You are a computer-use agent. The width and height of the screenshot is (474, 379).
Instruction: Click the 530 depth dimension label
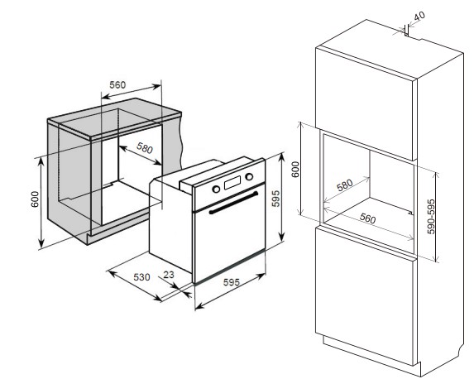click(141, 277)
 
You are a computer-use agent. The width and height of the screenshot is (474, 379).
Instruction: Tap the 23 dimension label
click(169, 275)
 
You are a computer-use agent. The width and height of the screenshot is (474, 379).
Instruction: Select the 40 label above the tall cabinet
click(419, 16)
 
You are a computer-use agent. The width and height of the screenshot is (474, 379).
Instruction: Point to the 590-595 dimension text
click(431, 216)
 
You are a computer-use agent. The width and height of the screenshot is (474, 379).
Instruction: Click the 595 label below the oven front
click(232, 282)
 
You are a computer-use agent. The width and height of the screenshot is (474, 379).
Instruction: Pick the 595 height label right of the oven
click(275, 199)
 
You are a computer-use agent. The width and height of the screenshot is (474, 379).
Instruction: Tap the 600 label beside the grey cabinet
click(35, 199)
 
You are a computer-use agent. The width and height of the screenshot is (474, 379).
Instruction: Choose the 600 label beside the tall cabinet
click(296, 170)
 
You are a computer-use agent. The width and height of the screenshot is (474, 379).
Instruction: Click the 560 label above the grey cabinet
click(117, 85)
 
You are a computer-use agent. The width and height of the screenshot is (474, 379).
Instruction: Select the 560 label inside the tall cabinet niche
click(367, 218)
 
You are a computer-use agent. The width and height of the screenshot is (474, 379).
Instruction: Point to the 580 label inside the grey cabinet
click(145, 147)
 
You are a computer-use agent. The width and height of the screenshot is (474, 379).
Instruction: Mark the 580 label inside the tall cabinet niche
click(345, 185)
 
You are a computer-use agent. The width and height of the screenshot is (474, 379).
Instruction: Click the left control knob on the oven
click(216, 189)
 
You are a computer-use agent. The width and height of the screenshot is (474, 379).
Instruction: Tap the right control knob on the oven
click(249, 176)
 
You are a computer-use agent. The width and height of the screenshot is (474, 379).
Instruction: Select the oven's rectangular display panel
click(232, 183)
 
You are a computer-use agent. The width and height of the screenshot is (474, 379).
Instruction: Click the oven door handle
click(233, 203)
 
